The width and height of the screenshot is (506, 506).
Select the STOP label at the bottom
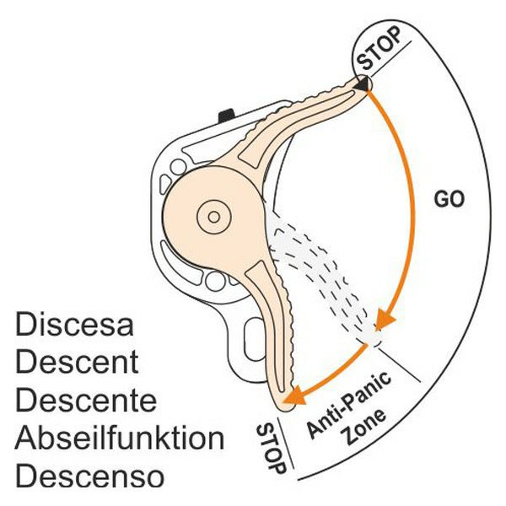click(269, 444)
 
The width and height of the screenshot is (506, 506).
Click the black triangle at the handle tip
click(363, 84)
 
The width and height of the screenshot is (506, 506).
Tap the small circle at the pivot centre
click(214, 217)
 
